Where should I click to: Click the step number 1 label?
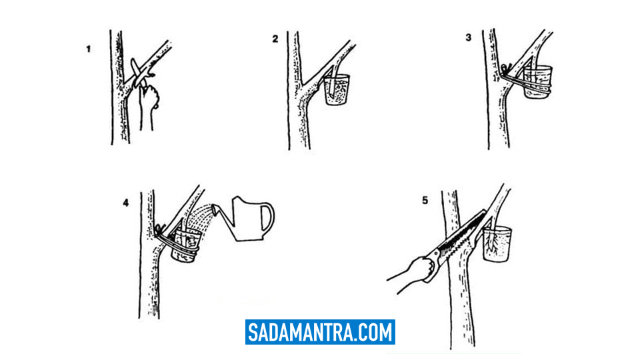88,49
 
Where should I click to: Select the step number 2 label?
275,39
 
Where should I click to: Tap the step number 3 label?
468,37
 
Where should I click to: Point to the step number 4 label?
126,203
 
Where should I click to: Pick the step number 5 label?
425,201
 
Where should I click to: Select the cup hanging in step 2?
337,89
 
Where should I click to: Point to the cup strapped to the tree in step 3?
537,81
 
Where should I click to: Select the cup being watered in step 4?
186,245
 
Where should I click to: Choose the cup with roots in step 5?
497,244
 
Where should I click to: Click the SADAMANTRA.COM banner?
320,332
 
